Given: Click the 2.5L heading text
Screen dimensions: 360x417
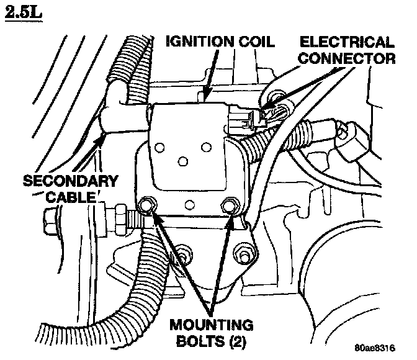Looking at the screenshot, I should (x=24, y=12).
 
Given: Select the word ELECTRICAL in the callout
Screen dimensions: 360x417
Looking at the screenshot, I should (x=347, y=43).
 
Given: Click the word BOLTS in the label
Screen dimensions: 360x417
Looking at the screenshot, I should (x=195, y=341).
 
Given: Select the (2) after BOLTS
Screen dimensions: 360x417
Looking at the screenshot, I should (x=234, y=341).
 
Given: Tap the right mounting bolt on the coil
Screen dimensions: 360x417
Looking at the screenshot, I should (x=230, y=205).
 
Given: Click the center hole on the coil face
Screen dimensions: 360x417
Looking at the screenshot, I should (x=182, y=161).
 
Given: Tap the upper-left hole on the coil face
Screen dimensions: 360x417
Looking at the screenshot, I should (x=160, y=148).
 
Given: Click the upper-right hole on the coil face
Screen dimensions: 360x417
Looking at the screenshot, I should (x=206, y=148).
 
